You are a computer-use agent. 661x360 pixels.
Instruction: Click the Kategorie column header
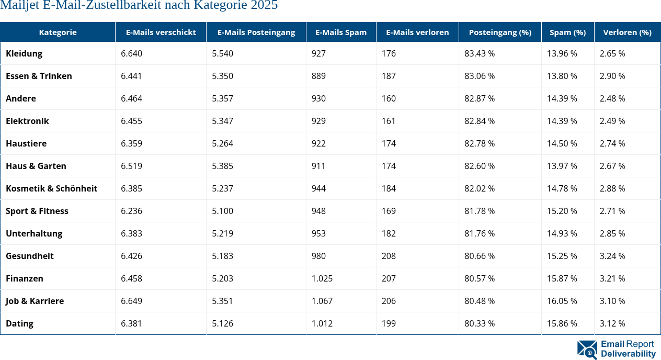tap(58, 32)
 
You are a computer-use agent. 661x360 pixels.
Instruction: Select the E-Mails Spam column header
tap(341, 32)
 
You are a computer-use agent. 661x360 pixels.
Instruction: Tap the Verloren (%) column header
tap(627, 32)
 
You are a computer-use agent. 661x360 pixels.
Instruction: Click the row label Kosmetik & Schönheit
tap(51, 188)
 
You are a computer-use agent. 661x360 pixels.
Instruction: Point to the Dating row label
tap(19, 323)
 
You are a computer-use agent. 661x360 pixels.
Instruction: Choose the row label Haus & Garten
tap(36, 166)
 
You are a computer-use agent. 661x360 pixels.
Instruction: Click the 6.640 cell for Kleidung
tap(131, 53)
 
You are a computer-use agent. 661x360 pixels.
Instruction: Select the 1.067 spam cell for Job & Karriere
tap(322, 301)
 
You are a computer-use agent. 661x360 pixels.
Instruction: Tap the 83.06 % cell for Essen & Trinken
tap(480, 76)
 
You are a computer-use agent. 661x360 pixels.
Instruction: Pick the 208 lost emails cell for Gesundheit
tap(389, 256)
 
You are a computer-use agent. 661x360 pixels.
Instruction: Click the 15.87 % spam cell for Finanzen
tap(562, 278)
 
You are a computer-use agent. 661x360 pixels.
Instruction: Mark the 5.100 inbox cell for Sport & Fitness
tap(222, 211)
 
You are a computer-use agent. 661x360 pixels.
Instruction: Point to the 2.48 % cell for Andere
tap(612, 98)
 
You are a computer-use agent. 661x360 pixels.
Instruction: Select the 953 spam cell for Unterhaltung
tap(318, 233)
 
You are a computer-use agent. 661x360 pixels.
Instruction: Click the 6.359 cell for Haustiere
tap(131, 143)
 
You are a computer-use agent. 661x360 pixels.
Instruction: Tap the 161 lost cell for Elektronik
tap(389, 121)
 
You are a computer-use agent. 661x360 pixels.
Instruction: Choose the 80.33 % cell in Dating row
tap(480, 323)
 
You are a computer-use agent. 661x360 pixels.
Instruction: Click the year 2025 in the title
tap(265, 6)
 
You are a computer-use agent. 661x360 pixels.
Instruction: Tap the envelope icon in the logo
tap(587, 350)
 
